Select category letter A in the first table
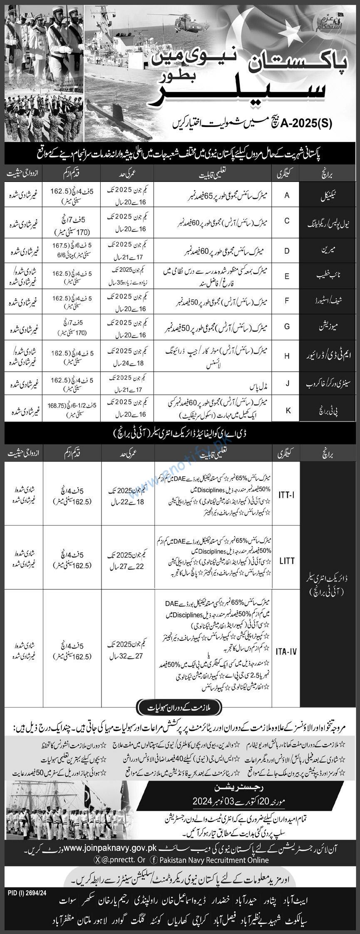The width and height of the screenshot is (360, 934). click(x=287, y=195)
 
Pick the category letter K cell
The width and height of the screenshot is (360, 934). click(x=287, y=410)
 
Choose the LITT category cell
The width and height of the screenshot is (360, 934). click(x=287, y=561)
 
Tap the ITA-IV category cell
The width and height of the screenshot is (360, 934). click(x=286, y=651)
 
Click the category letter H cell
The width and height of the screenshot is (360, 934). click(x=287, y=356)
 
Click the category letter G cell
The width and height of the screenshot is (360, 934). click(x=287, y=327)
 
